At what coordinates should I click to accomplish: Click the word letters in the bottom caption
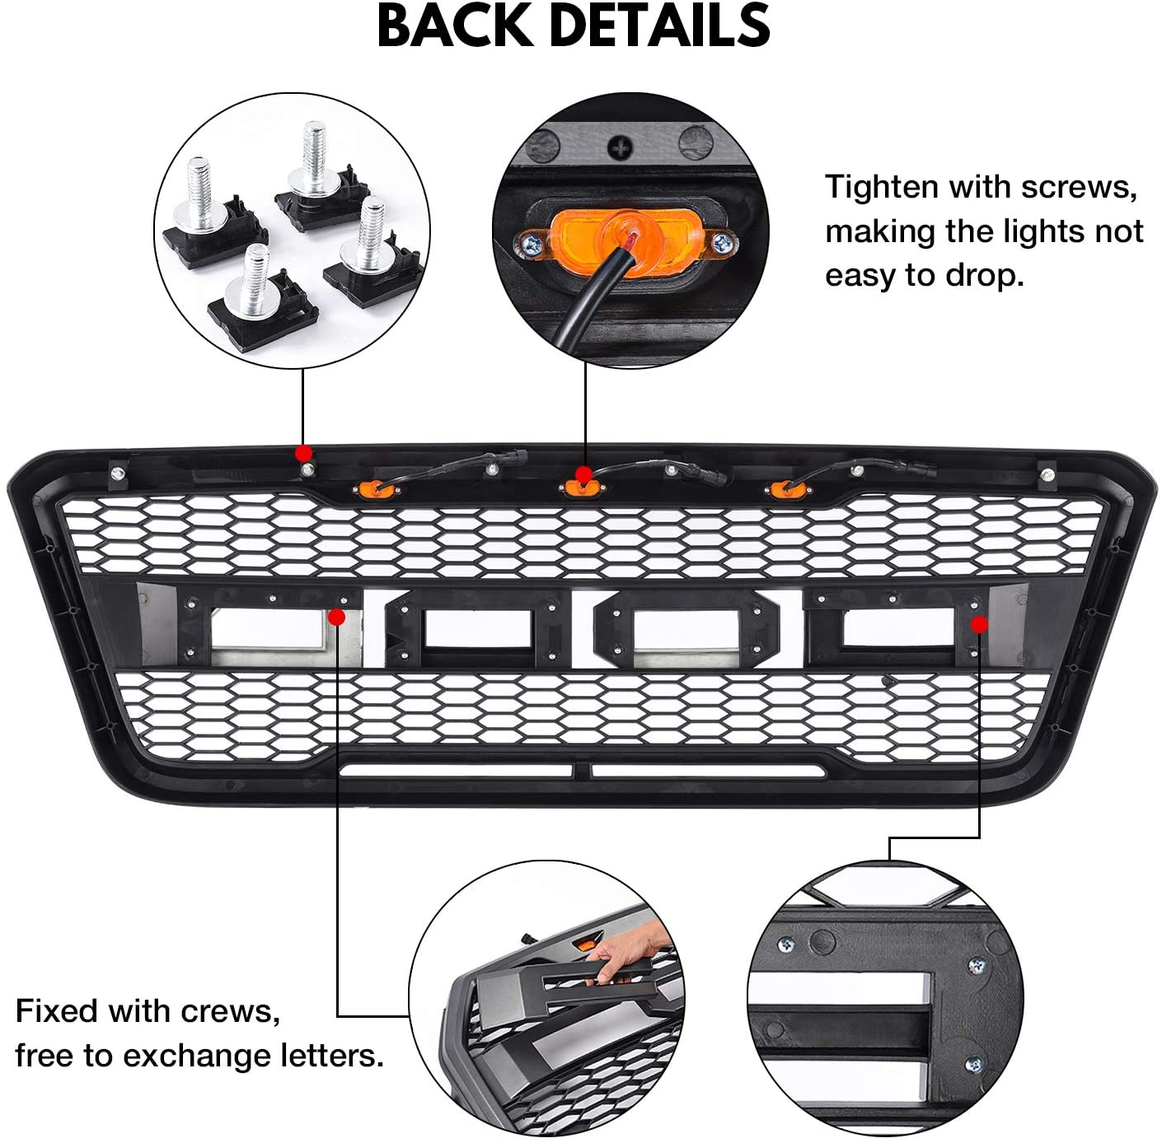[x=335, y=1055]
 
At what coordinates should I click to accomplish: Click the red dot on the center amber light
[x=583, y=475]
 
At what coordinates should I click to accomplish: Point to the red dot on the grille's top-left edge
[x=304, y=453]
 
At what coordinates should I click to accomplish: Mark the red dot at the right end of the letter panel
[x=979, y=625]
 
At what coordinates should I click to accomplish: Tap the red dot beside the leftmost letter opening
[x=337, y=617]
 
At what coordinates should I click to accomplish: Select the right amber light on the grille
[x=787, y=490]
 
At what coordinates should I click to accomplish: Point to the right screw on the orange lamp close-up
[x=723, y=243]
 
